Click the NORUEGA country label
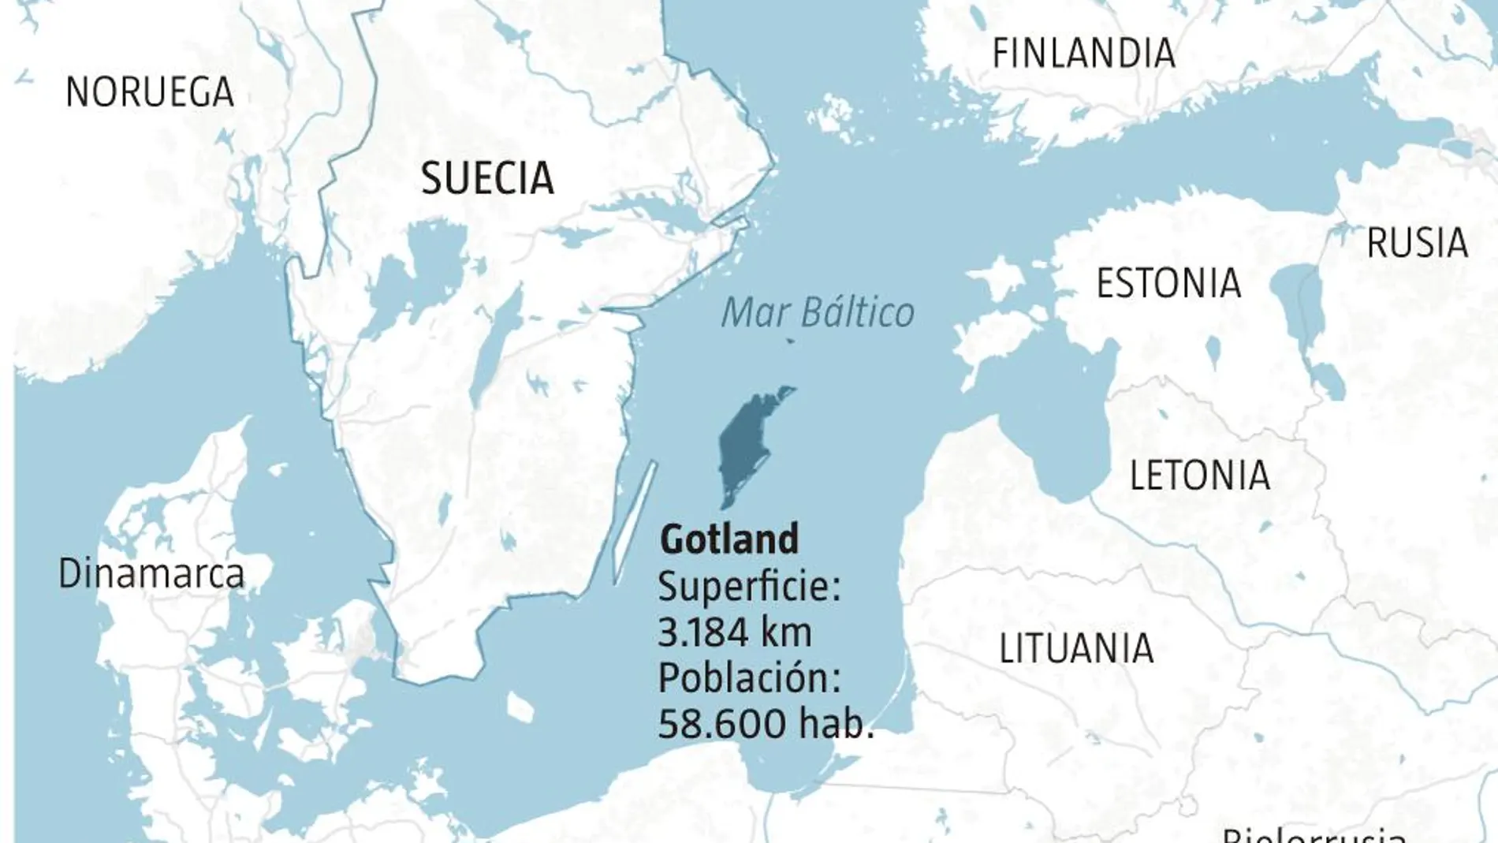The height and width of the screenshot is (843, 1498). pos(150,92)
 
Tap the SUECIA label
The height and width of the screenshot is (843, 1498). pos(487,178)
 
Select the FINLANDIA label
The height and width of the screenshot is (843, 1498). pos(1083,54)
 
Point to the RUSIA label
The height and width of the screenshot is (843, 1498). pos(1417,243)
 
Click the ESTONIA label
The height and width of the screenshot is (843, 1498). pos(1168,283)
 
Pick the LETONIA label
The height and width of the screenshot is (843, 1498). pos(1199,476)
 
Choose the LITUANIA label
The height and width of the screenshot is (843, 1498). pos(1076,649)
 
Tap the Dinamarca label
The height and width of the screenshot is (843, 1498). pos(151,573)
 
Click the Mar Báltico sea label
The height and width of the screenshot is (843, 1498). pos(818,313)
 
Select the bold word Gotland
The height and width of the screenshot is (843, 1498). pos(729,539)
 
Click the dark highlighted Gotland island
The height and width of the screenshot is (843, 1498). pos(745,442)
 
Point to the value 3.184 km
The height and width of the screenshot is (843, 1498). pos(735,632)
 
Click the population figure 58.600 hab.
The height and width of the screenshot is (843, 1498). pos(766,723)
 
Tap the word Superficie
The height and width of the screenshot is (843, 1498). pos(749,587)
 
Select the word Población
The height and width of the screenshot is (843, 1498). pos(749,677)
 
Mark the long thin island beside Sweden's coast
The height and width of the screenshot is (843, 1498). pos(634,520)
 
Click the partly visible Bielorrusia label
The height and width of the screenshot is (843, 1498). pos(1313,834)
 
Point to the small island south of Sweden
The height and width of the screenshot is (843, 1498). pos(520,707)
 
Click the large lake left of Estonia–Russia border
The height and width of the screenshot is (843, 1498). pos(1301,315)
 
